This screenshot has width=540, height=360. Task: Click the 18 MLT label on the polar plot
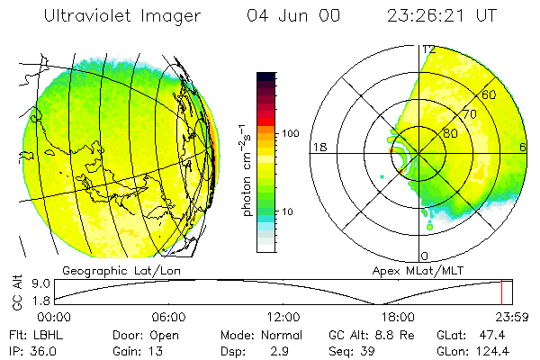tap(318, 147)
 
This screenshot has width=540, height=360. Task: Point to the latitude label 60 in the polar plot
tap(490, 94)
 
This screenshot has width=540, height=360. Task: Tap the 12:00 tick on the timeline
tap(283, 317)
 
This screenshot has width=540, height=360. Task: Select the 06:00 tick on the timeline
tap(168, 317)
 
